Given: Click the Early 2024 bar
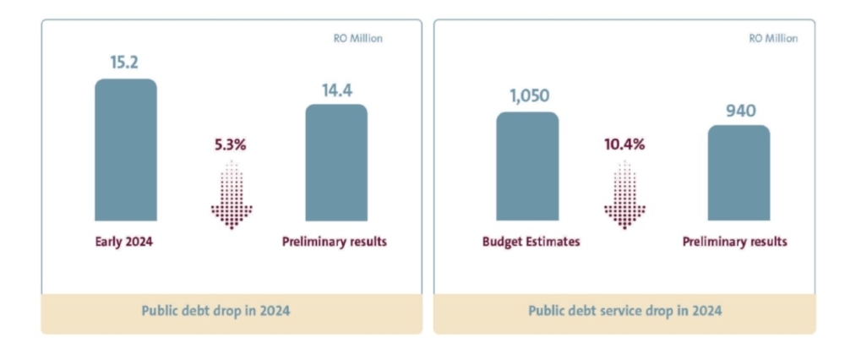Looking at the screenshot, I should click(x=125, y=150).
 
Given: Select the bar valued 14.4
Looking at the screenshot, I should click(x=335, y=163).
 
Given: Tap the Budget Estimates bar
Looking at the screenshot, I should click(x=527, y=166).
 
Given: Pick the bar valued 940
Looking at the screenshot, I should click(x=739, y=173).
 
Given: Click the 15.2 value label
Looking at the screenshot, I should click(x=125, y=63).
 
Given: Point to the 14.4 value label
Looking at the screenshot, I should click(x=335, y=90).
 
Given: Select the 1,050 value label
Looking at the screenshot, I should click(x=527, y=97).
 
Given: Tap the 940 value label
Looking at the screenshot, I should click(x=739, y=111).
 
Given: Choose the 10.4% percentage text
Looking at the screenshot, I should click(x=624, y=145).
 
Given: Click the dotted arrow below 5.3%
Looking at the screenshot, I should click(x=231, y=194).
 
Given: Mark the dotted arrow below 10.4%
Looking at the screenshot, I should click(x=624, y=194).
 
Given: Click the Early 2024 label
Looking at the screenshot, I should click(x=125, y=242).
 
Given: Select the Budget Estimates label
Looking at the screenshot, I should click(x=531, y=242).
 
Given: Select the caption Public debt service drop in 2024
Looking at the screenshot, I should click(x=624, y=311).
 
